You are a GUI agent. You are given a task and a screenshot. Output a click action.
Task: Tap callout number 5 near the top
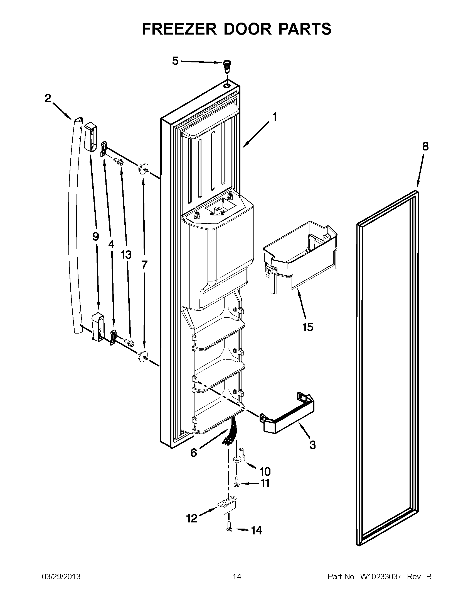tap(175, 61)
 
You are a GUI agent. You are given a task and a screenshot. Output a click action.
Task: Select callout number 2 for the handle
tap(48, 99)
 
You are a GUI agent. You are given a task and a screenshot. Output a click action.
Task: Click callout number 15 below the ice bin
tap(308, 327)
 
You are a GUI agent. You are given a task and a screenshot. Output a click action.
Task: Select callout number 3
tap(312, 445)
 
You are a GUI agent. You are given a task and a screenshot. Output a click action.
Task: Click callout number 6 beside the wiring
tap(194, 453)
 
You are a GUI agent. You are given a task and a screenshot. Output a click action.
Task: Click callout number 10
tap(265, 471)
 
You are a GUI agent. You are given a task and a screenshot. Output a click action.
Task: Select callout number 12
tap(192, 519)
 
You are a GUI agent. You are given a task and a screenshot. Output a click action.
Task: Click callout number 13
tap(126, 255)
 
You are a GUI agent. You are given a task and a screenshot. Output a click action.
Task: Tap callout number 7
tap(144, 264)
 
